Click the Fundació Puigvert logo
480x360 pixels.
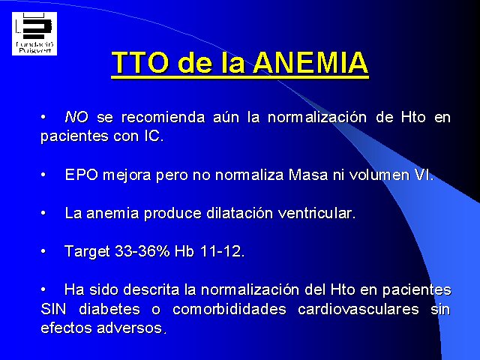point(34,34)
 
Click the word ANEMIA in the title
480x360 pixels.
point(310,62)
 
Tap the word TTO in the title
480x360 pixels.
point(140,62)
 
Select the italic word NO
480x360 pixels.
point(76,117)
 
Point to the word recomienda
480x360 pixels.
point(163,117)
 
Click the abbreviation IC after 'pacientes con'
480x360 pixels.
point(152,136)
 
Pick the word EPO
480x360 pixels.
point(82,175)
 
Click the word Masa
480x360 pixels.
point(308,175)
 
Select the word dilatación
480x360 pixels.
point(239,213)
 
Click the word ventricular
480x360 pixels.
point(315,213)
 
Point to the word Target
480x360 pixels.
point(87,252)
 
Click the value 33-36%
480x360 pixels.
point(142,251)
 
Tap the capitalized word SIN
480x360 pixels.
point(53,309)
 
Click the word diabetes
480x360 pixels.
point(109,309)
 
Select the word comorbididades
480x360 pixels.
point(229,309)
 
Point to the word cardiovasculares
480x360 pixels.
point(358,309)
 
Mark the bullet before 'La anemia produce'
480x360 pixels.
point(43,213)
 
